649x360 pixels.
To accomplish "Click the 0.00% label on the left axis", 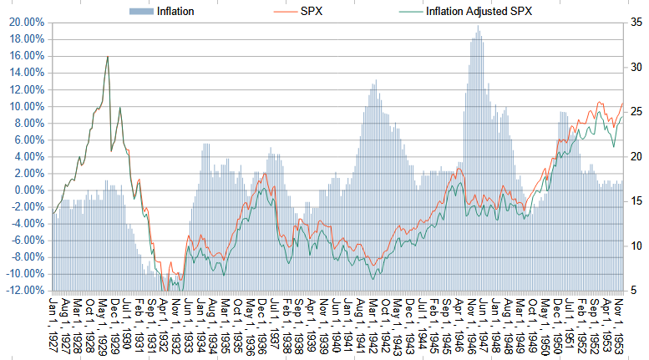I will pos(28,190).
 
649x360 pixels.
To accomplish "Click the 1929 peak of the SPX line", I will pos(107,57).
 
